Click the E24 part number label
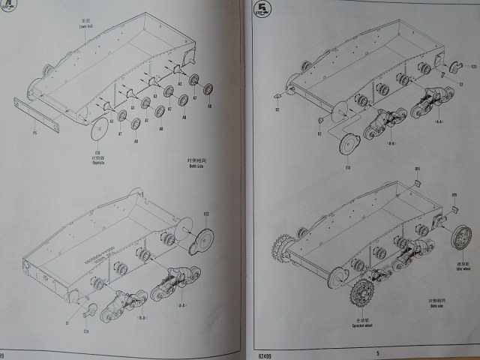tap(85, 329)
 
